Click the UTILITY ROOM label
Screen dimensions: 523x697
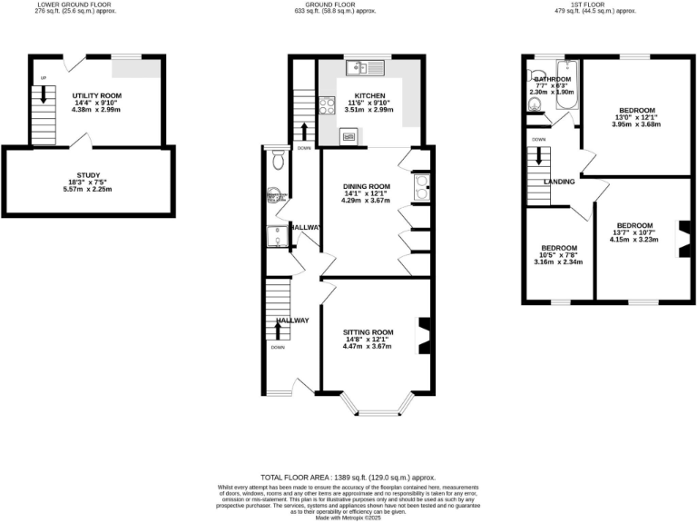(97, 95)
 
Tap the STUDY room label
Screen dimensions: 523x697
(89, 175)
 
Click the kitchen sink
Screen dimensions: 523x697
(365, 67)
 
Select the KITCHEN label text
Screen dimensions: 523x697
(369, 95)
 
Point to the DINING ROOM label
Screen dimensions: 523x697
(366, 186)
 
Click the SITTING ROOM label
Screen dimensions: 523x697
(368, 331)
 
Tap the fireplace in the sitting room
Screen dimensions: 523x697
(422, 333)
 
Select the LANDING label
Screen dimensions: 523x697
(558, 182)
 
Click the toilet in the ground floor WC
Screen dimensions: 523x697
(278, 162)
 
